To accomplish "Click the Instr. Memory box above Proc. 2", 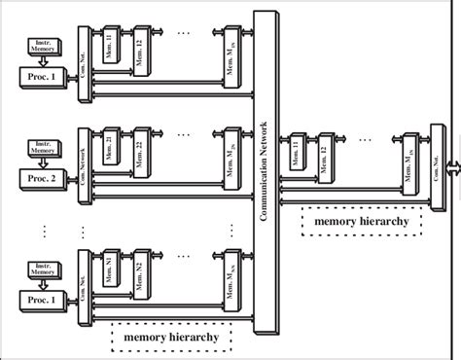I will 40,150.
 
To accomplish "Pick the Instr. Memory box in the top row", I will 40,46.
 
